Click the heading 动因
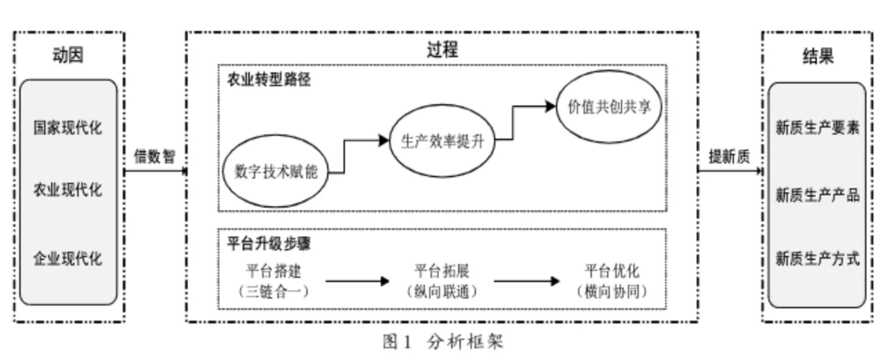click(x=68, y=56)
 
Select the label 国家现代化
click(x=68, y=128)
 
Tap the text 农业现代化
click(x=68, y=189)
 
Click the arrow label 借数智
click(x=155, y=157)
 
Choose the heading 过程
click(x=441, y=50)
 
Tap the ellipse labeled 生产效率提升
click(x=443, y=140)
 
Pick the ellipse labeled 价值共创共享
click(x=609, y=107)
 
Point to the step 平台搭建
click(x=273, y=270)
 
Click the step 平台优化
click(x=612, y=270)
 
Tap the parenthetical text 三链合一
click(x=273, y=292)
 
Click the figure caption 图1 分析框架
click(x=443, y=341)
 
